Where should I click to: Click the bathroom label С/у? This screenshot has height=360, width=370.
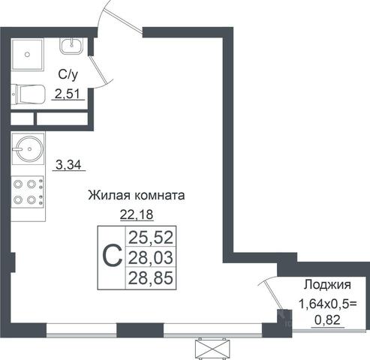click(x=68, y=75)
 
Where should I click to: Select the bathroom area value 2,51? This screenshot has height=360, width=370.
click(x=68, y=94)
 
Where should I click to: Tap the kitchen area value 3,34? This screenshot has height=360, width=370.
click(x=68, y=165)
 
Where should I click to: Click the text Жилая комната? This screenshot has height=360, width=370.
click(x=137, y=196)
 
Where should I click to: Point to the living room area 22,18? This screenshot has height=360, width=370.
click(x=137, y=214)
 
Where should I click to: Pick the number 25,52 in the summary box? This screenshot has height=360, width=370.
click(x=151, y=238)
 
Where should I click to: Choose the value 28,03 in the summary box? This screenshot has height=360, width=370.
click(x=151, y=258)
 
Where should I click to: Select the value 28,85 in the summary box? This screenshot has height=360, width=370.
click(x=151, y=278)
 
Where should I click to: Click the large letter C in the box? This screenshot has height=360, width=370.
click(x=113, y=256)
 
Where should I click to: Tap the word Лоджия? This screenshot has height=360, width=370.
click(x=327, y=285)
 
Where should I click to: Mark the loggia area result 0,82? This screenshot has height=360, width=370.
click(x=327, y=320)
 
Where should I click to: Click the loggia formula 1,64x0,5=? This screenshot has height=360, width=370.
click(x=328, y=304)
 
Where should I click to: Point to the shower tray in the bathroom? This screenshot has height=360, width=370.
click(x=28, y=54)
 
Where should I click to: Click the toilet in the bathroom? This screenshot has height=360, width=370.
click(x=29, y=94)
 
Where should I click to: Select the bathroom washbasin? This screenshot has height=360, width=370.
click(x=71, y=45)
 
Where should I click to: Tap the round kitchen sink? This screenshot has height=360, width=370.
click(x=29, y=148)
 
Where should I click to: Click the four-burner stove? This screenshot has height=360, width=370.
click(x=28, y=192)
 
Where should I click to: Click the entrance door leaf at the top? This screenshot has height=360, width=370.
click(x=123, y=20)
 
